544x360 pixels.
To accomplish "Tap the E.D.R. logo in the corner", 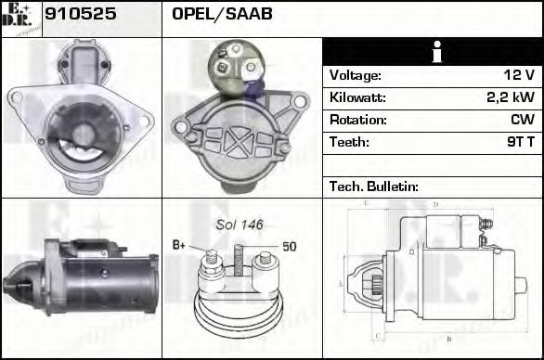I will (x=21, y=19).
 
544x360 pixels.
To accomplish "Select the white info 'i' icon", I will (x=432, y=53).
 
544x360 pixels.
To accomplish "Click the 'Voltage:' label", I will (x=355, y=75).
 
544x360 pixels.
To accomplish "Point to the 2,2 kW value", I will (x=510, y=97).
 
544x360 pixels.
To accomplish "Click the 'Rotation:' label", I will (x=357, y=120).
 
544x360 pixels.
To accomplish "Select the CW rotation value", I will (x=522, y=120).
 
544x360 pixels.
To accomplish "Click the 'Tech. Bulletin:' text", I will (x=374, y=186).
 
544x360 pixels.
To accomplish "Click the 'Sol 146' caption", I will (x=240, y=225).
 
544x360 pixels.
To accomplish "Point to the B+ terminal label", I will (x=180, y=246).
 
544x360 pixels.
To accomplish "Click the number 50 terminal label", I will (x=289, y=247).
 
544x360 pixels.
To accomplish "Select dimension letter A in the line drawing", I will (x=341, y=283).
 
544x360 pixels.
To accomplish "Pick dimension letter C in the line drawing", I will (x=375, y=335).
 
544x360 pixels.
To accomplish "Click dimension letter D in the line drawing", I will (x=434, y=204).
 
